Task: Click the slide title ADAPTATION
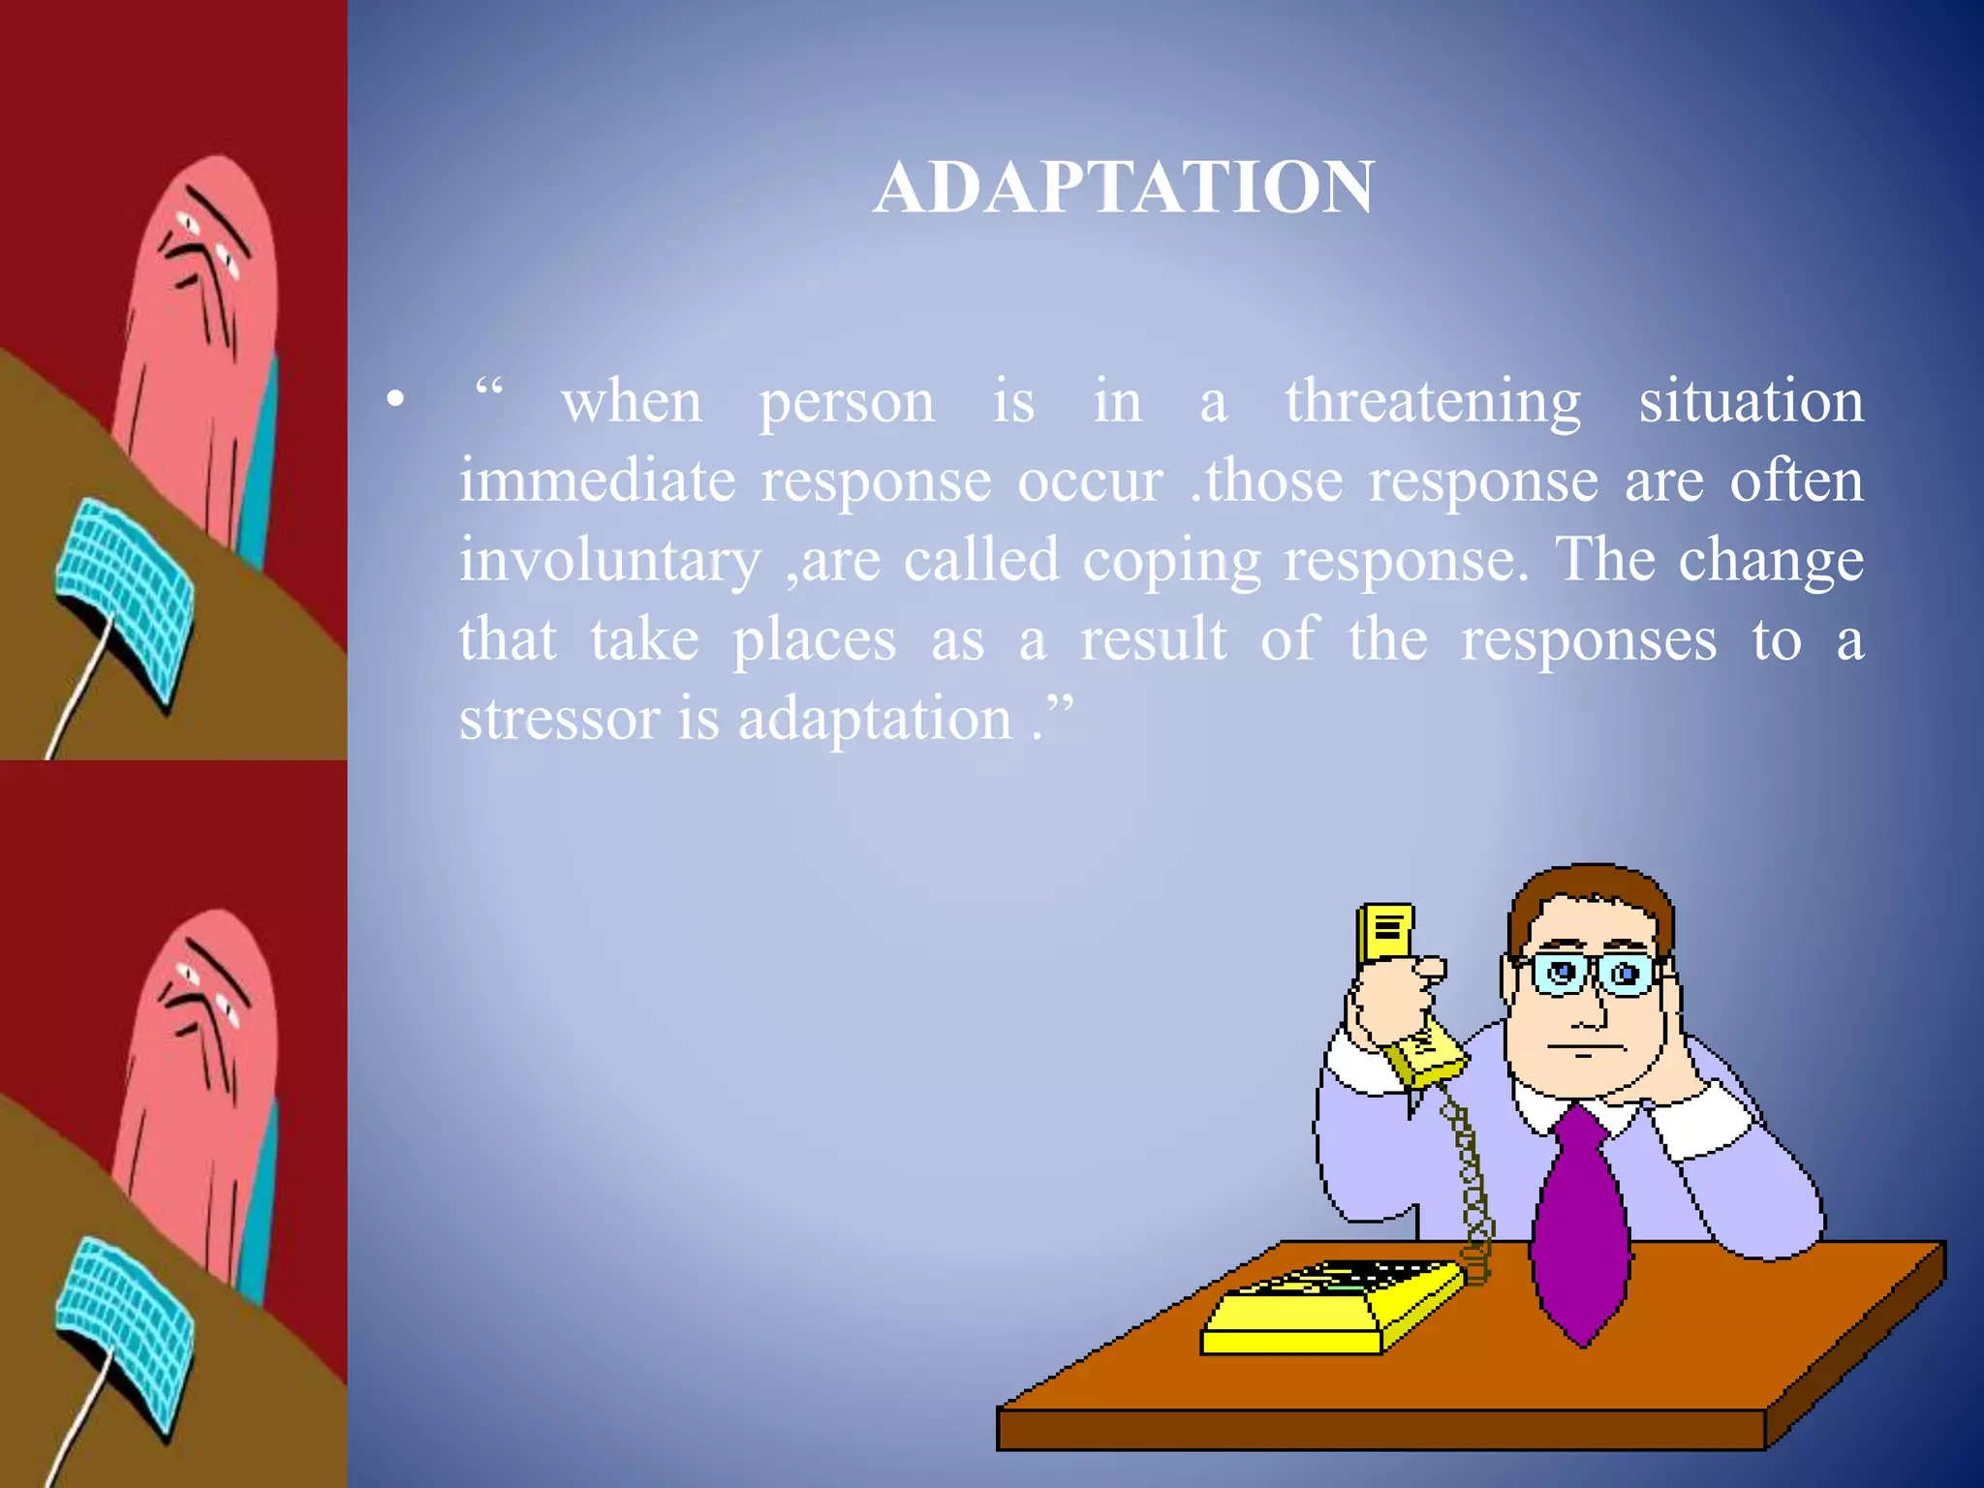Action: coord(1124,187)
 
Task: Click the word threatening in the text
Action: coord(1433,401)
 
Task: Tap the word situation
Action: coord(1751,401)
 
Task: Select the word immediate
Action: coord(597,480)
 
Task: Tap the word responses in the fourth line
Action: coord(1589,639)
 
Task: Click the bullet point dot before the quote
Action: coord(394,399)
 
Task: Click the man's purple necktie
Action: coord(1579,1230)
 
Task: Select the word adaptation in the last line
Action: coord(875,719)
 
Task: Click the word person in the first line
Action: coord(847,403)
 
